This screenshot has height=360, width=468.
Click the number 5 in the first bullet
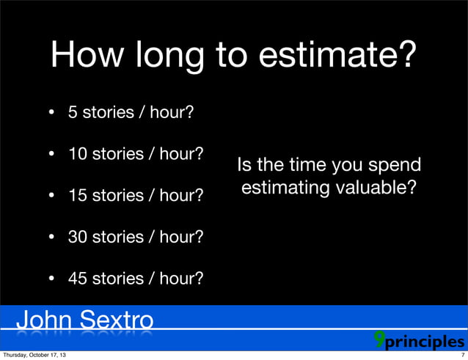[x=73, y=113]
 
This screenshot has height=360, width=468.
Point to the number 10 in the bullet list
[x=76, y=155]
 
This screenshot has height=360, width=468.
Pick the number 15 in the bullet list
[x=76, y=196]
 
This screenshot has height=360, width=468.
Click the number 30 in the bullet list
[x=77, y=238]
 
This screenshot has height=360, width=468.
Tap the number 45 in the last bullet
[x=77, y=279]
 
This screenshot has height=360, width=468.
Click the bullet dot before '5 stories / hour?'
[x=52, y=114]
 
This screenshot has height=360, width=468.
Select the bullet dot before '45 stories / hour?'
[x=52, y=279]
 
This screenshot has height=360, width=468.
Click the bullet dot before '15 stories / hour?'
[x=52, y=196]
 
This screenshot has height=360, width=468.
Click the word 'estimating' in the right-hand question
[x=285, y=188]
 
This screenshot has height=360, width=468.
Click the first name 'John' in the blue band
[x=43, y=320]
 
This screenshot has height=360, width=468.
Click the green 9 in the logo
[x=379, y=338]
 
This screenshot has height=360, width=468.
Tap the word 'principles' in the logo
[x=426, y=342]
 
